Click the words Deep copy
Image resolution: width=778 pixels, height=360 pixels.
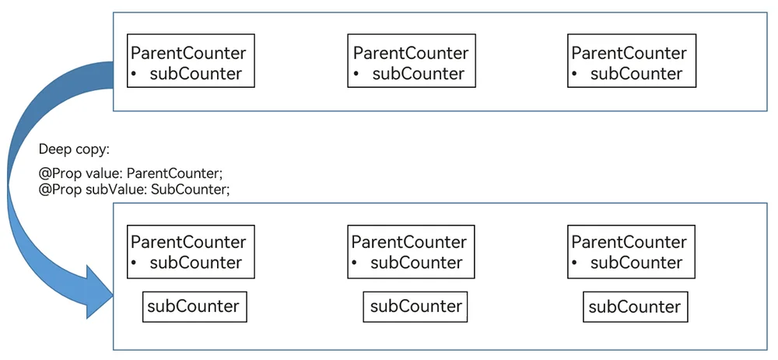tap(74, 150)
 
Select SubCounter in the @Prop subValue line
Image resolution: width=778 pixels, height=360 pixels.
tap(191, 190)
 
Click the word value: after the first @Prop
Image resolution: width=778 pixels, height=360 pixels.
tap(107, 174)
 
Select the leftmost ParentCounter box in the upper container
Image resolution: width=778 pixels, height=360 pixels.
tap(191, 61)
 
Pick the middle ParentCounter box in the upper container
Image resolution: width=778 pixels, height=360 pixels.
tap(412, 61)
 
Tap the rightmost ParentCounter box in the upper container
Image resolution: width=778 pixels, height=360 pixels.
tap(632, 61)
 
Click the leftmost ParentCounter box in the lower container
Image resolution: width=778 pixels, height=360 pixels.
tap(191, 252)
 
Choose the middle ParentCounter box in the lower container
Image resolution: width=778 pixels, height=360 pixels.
tap(411, 252)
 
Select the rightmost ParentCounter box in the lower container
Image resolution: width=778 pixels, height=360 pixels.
tap(631, 252)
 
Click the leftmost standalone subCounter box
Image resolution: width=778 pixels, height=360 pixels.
tap(194, 306)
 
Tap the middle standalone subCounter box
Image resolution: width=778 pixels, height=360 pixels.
tap(415, 306)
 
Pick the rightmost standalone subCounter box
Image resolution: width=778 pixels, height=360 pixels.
tap(635, 306)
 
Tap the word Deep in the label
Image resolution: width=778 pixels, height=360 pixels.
tap(54, 150)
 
